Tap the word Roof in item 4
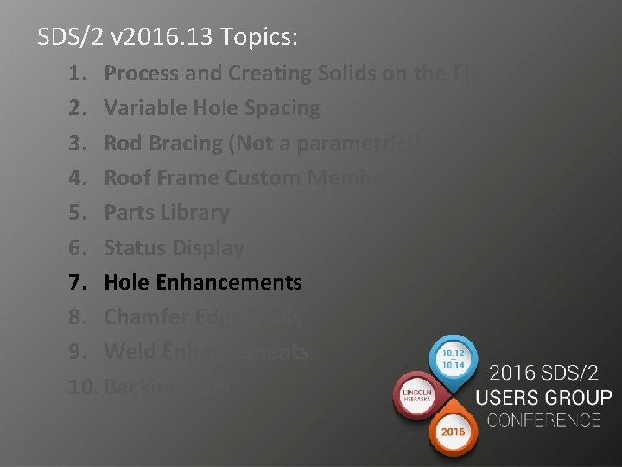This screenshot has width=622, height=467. point(126,177)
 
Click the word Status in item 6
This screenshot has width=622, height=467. point(134,247)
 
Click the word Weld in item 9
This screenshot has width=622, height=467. point(127,351)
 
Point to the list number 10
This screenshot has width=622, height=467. point(83,386)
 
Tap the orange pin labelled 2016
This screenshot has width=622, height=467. point(454,430)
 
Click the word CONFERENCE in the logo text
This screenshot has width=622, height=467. point(543,421)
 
